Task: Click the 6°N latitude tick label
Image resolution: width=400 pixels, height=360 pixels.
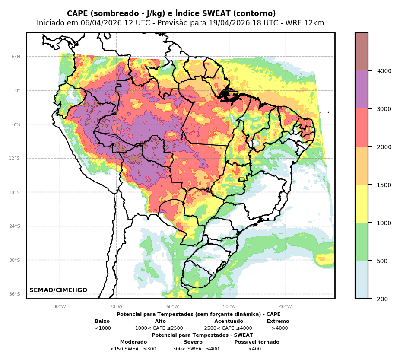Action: point(16,57)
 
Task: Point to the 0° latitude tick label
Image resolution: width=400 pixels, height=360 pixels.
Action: point(17,90)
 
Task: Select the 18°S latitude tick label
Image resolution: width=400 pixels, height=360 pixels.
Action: point(15,192)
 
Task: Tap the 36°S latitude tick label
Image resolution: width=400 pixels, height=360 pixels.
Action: point(15,294)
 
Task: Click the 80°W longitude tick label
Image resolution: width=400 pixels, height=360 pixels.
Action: point(60,307)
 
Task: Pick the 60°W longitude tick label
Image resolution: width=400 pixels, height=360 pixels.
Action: point(172,307)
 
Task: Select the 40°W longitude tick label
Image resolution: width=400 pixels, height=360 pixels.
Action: point(285,307)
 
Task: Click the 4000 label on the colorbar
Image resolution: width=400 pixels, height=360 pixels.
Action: point(384,71)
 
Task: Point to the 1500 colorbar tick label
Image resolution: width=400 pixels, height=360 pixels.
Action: point(384,185)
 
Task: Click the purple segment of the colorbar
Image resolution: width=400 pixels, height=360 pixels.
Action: point(362,89)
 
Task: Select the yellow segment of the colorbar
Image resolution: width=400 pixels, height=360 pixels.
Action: point(362,204)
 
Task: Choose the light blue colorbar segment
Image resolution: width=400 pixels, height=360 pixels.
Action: point(362,280)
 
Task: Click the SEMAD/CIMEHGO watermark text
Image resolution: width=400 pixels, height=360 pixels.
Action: point(58,290)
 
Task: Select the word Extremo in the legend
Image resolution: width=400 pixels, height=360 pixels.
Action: point(278,322)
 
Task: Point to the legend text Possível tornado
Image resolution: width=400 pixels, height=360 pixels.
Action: point(257,342)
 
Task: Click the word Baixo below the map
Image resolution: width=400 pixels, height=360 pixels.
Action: point(102,322)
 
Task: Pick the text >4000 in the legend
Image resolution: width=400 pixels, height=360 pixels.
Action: point(279,328)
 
